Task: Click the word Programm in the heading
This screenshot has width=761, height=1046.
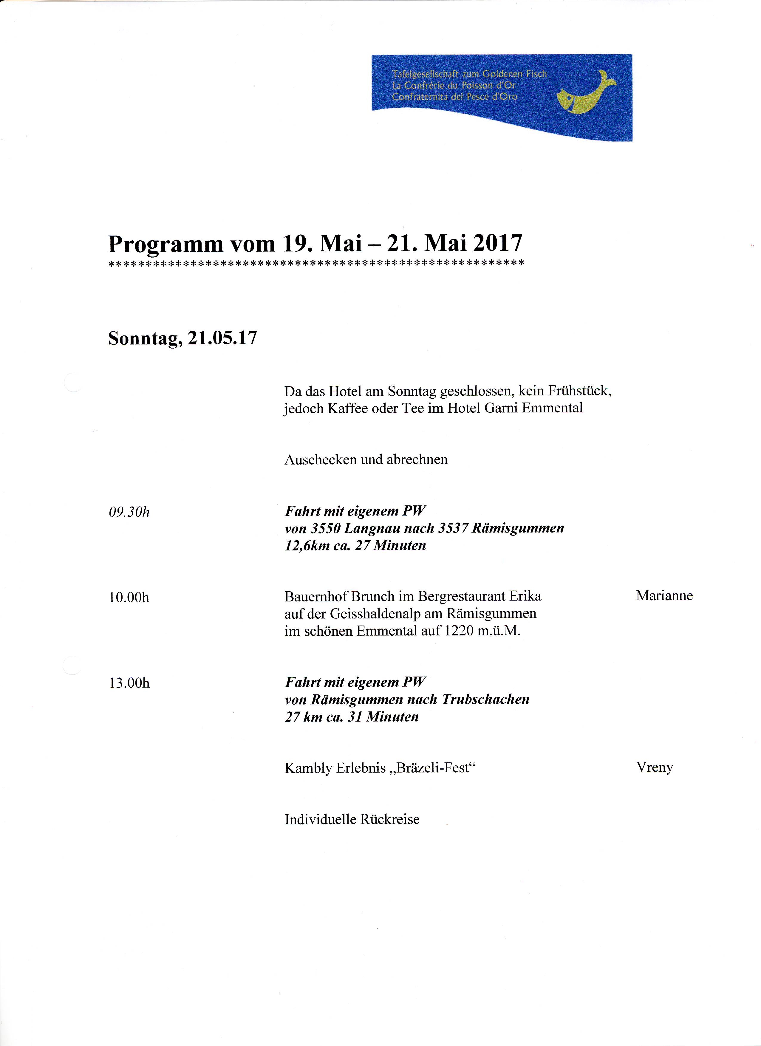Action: (165, 245)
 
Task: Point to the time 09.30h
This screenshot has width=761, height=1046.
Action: (129, 512)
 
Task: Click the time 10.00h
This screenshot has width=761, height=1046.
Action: (129, 598)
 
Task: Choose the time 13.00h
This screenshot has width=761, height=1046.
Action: (129, 683)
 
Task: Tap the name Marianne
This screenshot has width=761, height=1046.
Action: (664, 596)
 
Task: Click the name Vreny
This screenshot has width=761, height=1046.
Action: (655, 767)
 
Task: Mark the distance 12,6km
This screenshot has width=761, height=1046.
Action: (307, 546)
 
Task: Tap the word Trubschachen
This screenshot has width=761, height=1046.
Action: (486, 699)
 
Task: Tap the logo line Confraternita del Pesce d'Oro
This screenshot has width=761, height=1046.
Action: (454, 97)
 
